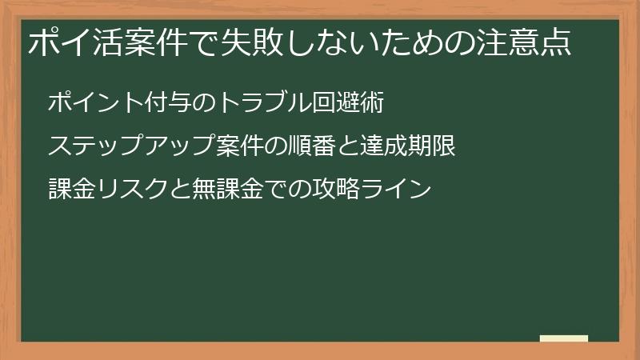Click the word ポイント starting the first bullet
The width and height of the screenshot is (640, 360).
pos(97,103)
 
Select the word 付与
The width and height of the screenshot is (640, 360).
pos(172,103)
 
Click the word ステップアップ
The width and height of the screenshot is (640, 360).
pos(133,146)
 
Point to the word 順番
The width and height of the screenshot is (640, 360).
pos(312,146)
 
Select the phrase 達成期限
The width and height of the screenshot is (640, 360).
pos(407,146)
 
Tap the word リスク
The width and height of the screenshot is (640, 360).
pos(133,190)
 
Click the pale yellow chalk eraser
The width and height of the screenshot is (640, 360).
pos(564,338)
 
